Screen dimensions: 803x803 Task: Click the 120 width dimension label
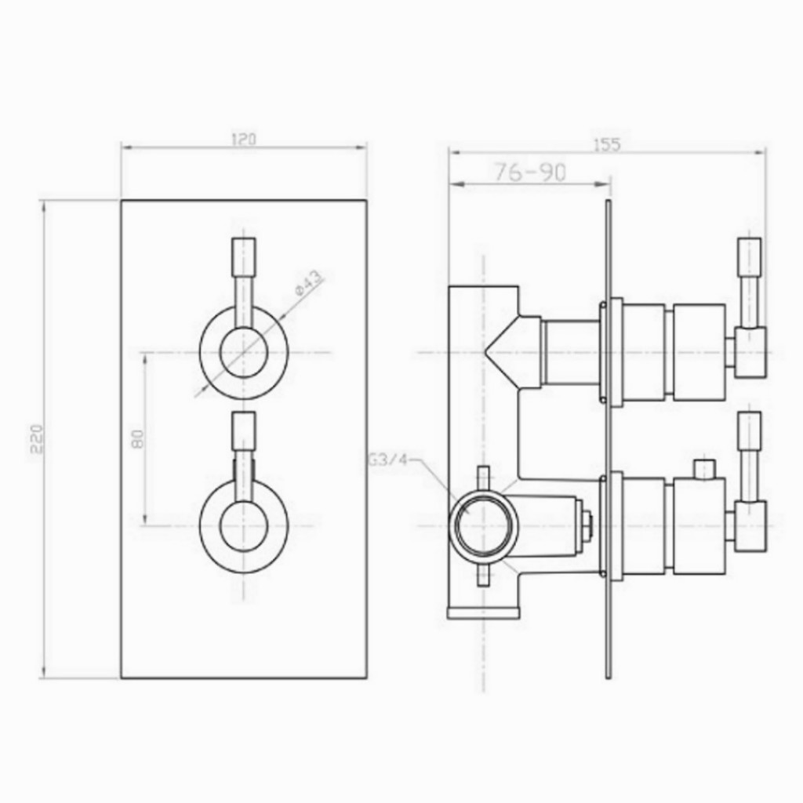244,140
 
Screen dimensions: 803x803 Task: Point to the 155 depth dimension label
606,144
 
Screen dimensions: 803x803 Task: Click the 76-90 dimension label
530,173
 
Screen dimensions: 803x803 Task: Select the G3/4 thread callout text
387,461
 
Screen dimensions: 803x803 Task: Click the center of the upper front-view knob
244,353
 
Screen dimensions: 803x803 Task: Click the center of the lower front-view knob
244,525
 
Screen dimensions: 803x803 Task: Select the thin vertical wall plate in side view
608,439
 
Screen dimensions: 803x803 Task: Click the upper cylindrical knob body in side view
698,353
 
